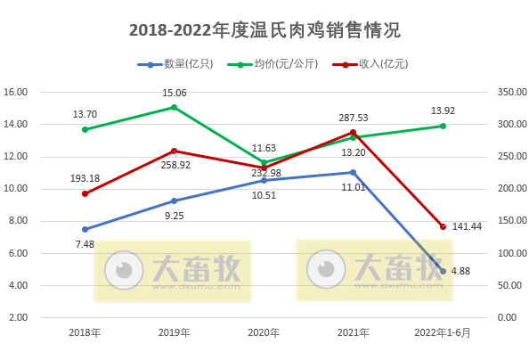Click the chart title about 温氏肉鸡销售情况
[x=264, y=30]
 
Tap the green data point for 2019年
[x=175, y=107]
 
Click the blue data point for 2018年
[x=85, y=229]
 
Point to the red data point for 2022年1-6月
[x=443, y=226]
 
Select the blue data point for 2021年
[x=354, y=172]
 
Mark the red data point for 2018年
[x=85, y=193]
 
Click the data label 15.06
[x=175, y=93]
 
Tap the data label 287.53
[x=354, y=118]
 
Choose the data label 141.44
[x=467, y=227]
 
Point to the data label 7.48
[x=85, y=244]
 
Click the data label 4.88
[x=461, y=271]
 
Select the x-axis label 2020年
[x=264, y=333]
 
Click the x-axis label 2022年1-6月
[x=443, y=333]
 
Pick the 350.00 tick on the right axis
[x=505, y=92]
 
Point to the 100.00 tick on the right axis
[x=505, y=253]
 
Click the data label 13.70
[x=85, y=115]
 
